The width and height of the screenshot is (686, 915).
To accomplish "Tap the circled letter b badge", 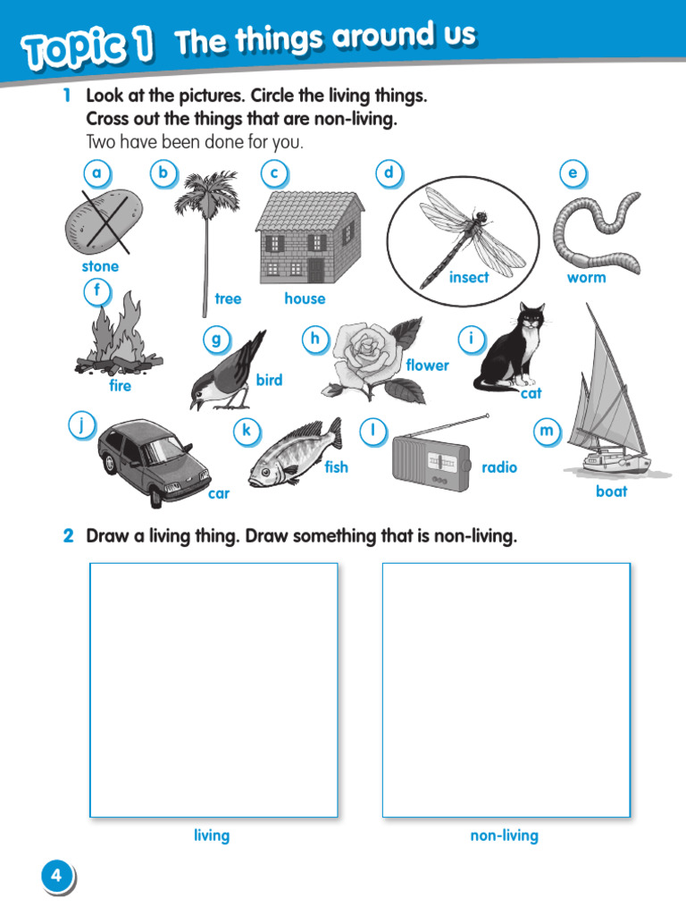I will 162,173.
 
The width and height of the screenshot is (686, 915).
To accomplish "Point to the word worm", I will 586,278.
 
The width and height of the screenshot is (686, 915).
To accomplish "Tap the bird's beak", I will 194,404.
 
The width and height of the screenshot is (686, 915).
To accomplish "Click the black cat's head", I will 531,320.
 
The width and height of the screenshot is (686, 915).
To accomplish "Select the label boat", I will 611,491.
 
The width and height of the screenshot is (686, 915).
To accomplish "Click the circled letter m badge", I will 546,432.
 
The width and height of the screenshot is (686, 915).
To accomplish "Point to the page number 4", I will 56,876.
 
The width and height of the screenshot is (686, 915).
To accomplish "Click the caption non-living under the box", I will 505,835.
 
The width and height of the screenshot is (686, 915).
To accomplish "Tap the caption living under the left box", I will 212,835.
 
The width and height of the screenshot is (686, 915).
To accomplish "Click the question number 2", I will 68,537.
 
